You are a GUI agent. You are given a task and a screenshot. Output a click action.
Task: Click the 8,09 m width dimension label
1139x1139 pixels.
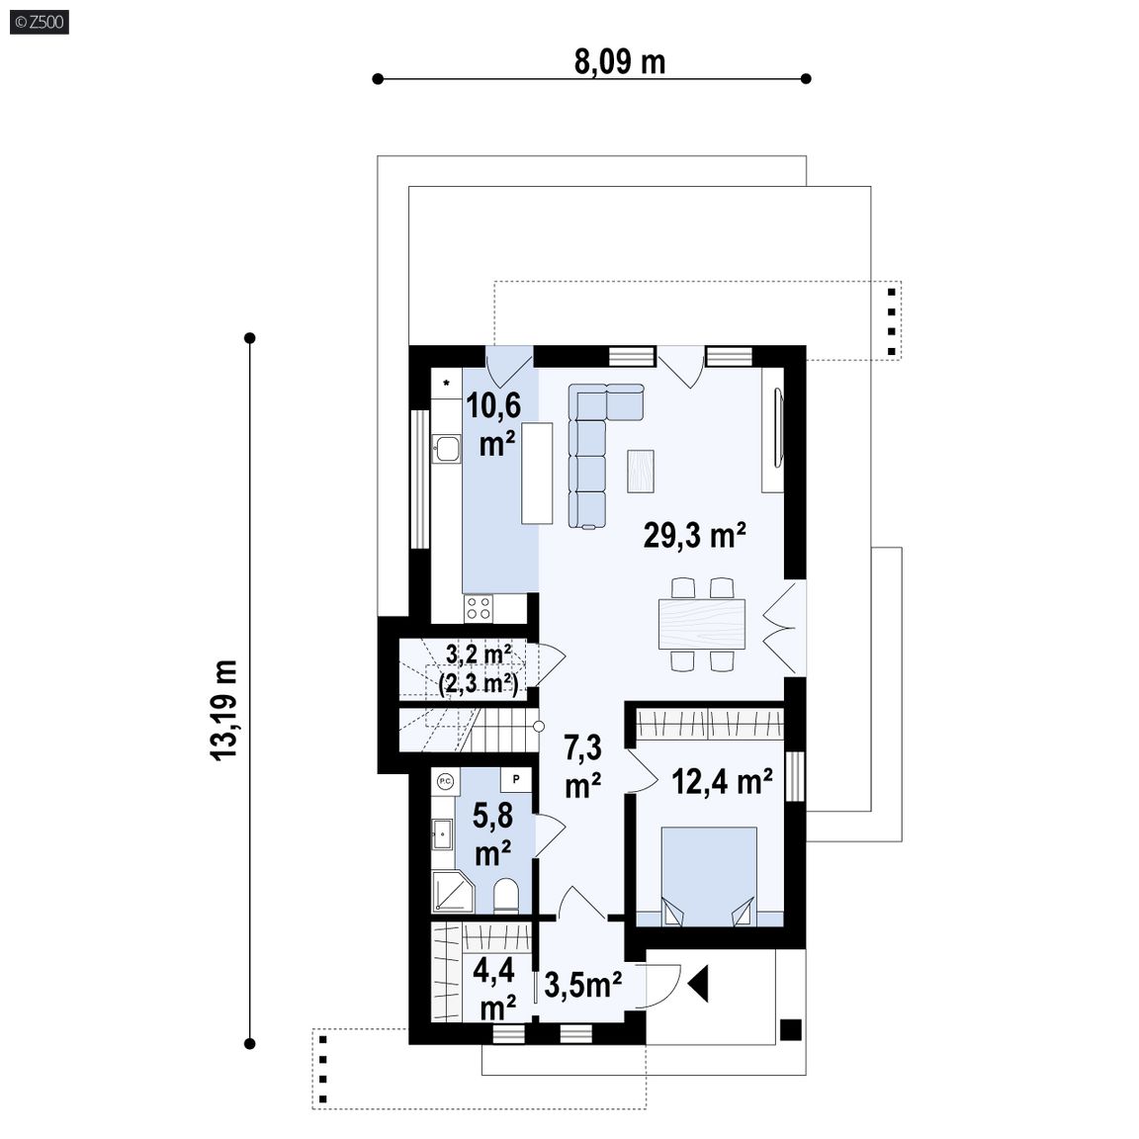pyautogui.click(x=620, y=61)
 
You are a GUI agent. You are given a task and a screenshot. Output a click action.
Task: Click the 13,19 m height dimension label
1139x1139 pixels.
pyautogui.click(x=225, y=710)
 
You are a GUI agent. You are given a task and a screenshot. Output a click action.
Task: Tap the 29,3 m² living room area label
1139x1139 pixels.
pyautogui.click(x=694, y=535)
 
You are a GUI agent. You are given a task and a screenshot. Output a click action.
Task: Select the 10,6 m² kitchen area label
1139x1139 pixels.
pyautogui.click(x=494, y=423)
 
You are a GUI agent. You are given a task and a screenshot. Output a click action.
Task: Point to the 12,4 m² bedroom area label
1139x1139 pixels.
pyautogui.click(x=722, y=782)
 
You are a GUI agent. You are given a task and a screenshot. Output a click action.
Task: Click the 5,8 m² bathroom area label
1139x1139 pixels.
pyautogui.click(x=492, y=833)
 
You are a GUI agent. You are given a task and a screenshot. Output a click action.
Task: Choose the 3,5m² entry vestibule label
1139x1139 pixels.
pyautogui.click(x=582, y=985)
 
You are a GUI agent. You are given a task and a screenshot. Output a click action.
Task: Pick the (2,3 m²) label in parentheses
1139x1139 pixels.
pyautogui.click(x=479, y=683)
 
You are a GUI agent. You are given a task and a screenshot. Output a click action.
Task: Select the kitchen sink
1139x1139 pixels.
pyautogui.click(x=446, y=449)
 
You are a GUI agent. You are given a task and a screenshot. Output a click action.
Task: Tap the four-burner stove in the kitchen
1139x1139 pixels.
pyautogui.click(x=478, y=608)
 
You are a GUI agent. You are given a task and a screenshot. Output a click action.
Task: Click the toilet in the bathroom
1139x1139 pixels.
pyautogui.click(x=506, y=896)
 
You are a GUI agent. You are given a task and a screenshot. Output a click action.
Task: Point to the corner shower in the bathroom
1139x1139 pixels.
pyautogui.click(x=452, y=892)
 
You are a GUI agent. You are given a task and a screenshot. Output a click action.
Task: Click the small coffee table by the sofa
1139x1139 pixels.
pyautogui.click(x=640, y=472)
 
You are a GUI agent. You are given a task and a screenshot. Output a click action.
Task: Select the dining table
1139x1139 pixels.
pyautogui.click(x=702, y=623)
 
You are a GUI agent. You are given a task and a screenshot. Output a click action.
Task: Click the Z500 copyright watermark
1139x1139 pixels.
pyautogui.click(x=40, y=22)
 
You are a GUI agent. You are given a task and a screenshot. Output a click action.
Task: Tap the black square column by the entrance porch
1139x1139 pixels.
pyautogui.click(x=790, y=1030)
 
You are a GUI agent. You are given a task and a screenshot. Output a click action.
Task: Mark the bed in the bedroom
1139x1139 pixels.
pyautogui.click(x=709, y=877)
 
